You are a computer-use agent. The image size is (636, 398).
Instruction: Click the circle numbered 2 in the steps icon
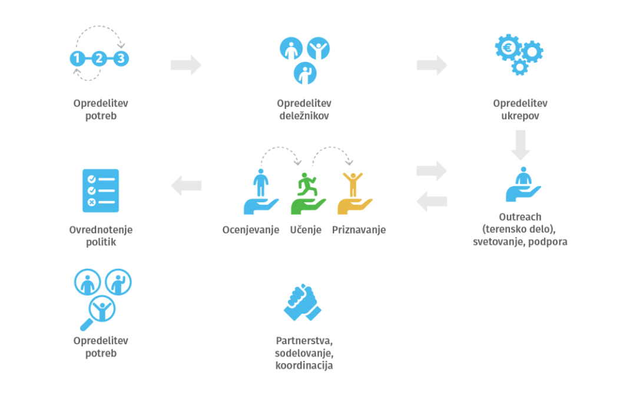pos(99,58)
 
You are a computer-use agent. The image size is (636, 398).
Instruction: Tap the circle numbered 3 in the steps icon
pos(121,58)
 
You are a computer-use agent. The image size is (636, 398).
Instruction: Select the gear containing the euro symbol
pos(508,47)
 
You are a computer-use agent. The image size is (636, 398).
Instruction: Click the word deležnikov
pos(304,116)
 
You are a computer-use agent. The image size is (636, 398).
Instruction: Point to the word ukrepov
pos(520,116)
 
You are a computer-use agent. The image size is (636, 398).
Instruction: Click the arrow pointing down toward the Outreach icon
pos(521,144)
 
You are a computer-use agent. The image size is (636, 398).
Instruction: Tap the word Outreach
pos(520,217)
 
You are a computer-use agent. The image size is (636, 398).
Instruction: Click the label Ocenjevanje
pos(251,230)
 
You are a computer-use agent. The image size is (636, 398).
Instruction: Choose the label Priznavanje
pos(359,230)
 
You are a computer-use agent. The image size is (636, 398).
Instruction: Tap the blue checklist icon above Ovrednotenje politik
pos(101,190)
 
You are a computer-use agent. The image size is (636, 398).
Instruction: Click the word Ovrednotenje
pos(101,229)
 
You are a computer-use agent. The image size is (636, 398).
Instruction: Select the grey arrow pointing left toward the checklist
pos(186,186)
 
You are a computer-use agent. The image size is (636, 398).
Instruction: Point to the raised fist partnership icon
pos(302,303)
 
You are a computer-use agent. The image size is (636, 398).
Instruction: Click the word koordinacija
pos(304,366)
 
